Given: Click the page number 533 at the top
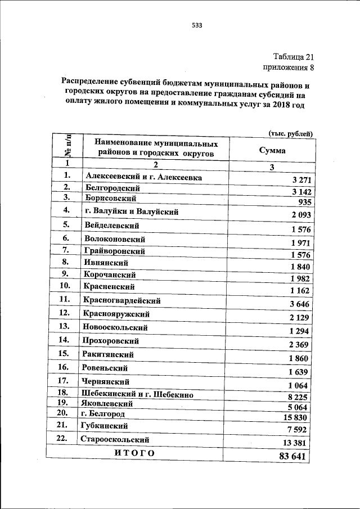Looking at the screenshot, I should click(196, 25).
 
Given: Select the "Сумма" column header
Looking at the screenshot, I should click(272, 151).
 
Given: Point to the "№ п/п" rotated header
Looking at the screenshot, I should click(68, 147).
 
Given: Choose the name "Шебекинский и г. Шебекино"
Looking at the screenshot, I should click(138, 395).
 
